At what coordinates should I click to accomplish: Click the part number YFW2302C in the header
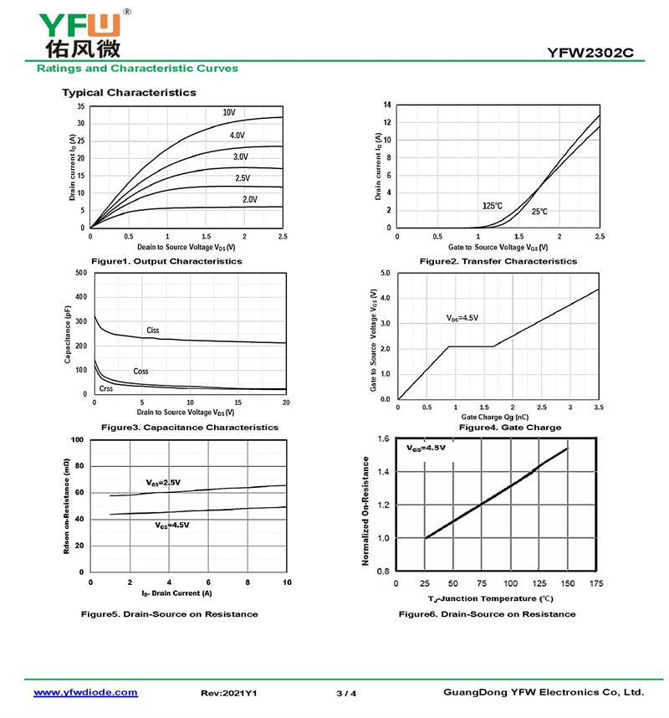[x=590, y=53]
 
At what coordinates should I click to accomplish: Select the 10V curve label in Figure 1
[x=229, y=112]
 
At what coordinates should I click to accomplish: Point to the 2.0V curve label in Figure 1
[x=249, y=199]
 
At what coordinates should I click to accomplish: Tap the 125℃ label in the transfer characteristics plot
[x=493, y=206]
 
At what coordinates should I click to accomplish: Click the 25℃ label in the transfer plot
[x=539, y=213]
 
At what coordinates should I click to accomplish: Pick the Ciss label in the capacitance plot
[x=152, y=331]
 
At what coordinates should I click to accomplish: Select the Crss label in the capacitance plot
[x=106, y=388]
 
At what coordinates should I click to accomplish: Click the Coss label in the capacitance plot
[x=140, y=371]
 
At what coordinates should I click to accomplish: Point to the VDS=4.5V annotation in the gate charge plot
[x=462, y=318]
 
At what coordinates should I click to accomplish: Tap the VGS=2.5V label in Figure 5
[x=163, y=483]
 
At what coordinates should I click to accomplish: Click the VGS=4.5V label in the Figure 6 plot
[x=426, y=449]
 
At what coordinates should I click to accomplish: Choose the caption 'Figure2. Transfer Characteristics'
[x=498, y=261]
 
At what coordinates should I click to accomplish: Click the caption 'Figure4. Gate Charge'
[x=510, y=428]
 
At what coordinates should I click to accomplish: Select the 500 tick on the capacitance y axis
[x=80, y=273]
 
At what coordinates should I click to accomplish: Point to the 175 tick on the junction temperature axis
[x=595, y=583]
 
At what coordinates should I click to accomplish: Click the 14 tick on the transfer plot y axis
[x=387, y=105]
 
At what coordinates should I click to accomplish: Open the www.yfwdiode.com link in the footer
[x=85, y=693]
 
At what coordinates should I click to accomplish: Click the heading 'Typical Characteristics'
[x=129, y=92]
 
